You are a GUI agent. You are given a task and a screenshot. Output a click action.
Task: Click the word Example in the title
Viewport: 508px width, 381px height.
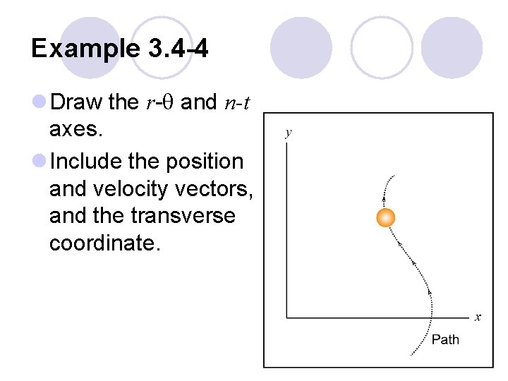pyautogui.click(x=86, y=48)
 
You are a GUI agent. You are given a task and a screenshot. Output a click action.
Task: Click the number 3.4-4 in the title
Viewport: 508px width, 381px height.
pyautogui.click(x=179, y=48)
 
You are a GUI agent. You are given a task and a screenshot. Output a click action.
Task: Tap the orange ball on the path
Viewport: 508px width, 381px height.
pyautogui.click(x=385, y=217)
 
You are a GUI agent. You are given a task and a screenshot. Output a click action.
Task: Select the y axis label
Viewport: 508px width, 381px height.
pyautogui.click(x=288, y=133)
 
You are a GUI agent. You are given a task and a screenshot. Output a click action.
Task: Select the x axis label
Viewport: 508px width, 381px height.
pyautogui.click(x=478, y=317)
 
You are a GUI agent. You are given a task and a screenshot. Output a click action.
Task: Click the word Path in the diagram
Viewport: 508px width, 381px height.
pyautogui.click(x=445, y=340)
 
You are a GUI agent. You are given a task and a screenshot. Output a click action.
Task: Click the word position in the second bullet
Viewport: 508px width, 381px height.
pyautogui.click(x=204, y=162)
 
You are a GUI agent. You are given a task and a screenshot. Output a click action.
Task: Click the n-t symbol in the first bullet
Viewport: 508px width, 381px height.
pyautogui.click(x=236, y=103)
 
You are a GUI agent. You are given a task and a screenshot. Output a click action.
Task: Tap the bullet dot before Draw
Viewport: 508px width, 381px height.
pyautogui.click(x=40, y=103)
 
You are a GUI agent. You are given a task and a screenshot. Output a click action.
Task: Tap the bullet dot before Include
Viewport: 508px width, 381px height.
pyautogui.click(x=40, y=162)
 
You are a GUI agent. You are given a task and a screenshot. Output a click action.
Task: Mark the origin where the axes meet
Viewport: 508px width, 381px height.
pyautogui.click(x=286, y=317)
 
